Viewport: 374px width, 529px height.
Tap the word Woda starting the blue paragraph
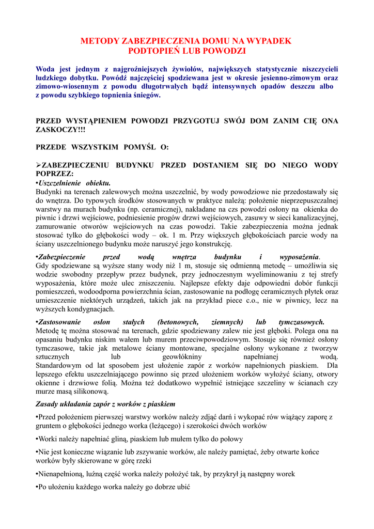point(45,69)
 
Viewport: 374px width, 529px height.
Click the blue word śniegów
point(146,95)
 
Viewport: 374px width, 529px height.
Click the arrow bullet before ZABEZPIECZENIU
point(38,165)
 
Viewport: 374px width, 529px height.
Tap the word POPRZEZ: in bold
point(54,174)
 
